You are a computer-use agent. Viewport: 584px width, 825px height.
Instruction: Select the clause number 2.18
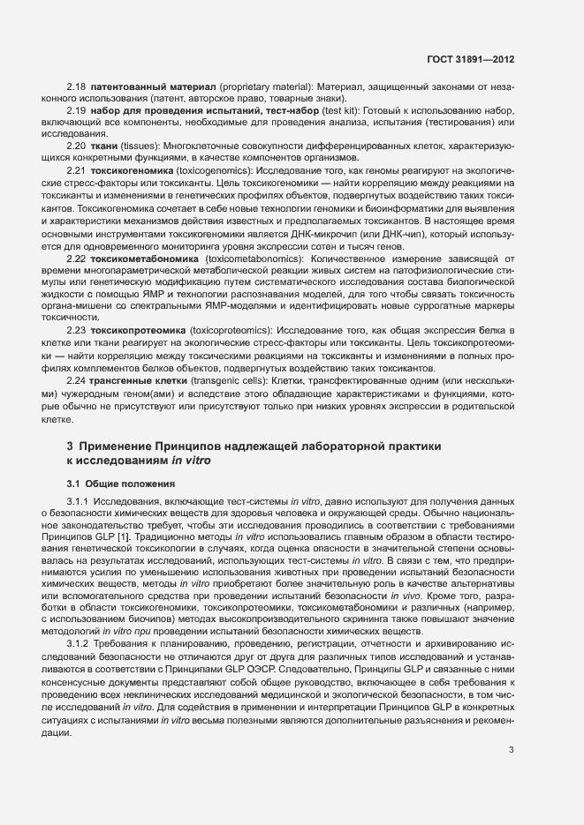(76, 86)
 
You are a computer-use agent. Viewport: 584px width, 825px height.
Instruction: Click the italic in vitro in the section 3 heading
(189, 461)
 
